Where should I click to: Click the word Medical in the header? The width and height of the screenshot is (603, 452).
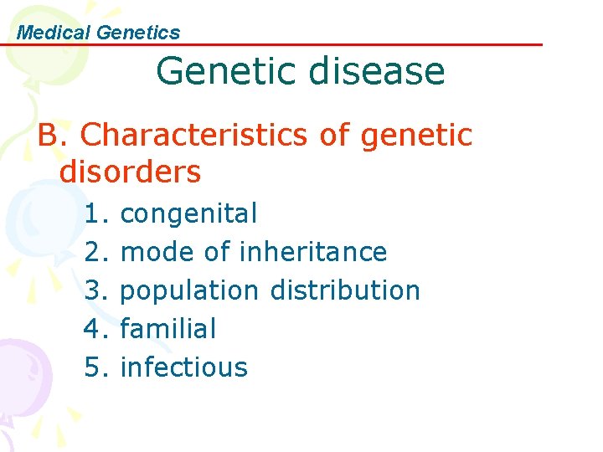coord(54,33)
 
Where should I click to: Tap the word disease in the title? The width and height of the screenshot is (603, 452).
coord(376,70)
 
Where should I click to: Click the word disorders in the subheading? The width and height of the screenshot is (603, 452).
coord(131,172)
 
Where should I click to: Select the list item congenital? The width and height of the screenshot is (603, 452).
coord(188,214)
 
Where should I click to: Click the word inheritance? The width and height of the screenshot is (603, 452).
coord(313,252)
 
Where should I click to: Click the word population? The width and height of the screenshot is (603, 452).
coord(189,290)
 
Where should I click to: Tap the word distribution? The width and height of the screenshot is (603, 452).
coord(345,290)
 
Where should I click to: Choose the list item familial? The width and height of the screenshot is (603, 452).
coord(168,328)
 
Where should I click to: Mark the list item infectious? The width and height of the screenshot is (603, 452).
coord(184,367)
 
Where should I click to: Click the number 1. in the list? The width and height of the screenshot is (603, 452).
coord(96,214)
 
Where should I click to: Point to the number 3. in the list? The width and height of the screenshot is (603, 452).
coord(96,290)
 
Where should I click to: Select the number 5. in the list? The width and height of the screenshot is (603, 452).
coord(96,367)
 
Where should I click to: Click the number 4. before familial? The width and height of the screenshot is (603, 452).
coord(96,328)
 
